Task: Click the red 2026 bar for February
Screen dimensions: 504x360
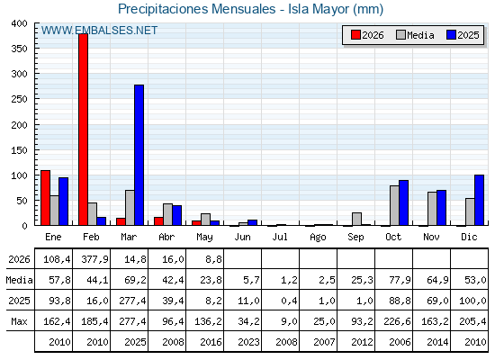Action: point(83,130)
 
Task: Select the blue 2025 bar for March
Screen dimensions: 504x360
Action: point(139,155)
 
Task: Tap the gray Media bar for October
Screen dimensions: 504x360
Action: point(394,205)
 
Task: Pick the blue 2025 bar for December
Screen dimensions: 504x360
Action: point(479,200)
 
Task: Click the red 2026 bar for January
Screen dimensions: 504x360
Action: point(45,198)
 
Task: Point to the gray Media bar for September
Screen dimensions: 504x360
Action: point(356,219)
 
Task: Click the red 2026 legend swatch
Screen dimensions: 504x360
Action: point(355,35)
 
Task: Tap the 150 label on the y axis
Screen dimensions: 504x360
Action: point(20,150)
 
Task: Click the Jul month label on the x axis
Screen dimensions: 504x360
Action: point(280,237)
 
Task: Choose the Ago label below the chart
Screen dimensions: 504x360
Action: point(318,238)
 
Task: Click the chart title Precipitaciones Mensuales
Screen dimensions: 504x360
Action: point(197,9)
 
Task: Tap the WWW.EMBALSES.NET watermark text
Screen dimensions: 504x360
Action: point(99,31)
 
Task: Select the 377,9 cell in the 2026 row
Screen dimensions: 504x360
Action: point(94,259)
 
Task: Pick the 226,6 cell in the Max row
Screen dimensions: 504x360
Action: point(397,321)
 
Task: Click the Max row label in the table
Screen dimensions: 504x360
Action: point(19,321)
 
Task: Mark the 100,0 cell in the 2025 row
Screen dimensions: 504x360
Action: point(472,301)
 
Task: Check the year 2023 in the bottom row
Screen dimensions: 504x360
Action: point(248,342)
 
